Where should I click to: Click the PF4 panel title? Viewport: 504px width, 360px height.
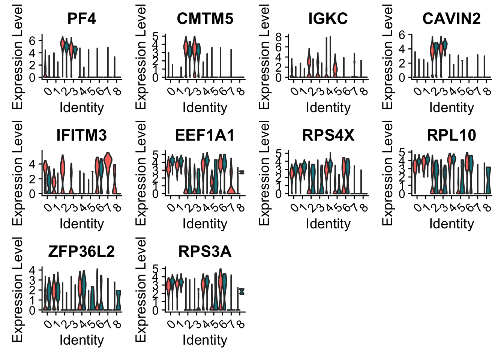pos(81,18)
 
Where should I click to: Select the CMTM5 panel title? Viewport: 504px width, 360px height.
pos(205,18)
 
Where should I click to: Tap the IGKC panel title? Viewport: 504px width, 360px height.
pos(328,18)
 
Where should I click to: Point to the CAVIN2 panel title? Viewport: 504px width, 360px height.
pos(451,18)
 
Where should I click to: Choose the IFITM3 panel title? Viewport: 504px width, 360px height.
pos(81,135)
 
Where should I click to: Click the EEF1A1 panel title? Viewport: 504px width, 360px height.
pos(205,135)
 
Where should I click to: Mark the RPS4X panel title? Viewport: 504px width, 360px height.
pos(328,135)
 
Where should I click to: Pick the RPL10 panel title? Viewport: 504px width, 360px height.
pos(451,135)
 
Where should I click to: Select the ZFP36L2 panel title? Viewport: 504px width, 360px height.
pos(81,251)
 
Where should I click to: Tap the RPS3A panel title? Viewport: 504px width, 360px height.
pos(205,251)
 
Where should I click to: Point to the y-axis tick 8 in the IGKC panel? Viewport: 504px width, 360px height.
pos(278,37)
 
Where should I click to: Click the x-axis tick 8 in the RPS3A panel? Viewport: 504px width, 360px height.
pos(241,324)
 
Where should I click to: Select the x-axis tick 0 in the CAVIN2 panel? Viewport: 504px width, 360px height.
pos(417,91)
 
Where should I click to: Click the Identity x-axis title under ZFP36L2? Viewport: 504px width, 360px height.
pos(81,340)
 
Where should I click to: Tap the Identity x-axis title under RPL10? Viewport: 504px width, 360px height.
pos(451,224)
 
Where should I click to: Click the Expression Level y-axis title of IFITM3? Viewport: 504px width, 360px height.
pos(18,173)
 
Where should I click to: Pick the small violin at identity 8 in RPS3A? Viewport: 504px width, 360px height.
pos(242,291)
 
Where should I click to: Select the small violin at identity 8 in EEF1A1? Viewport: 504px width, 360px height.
pos(242,172)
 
